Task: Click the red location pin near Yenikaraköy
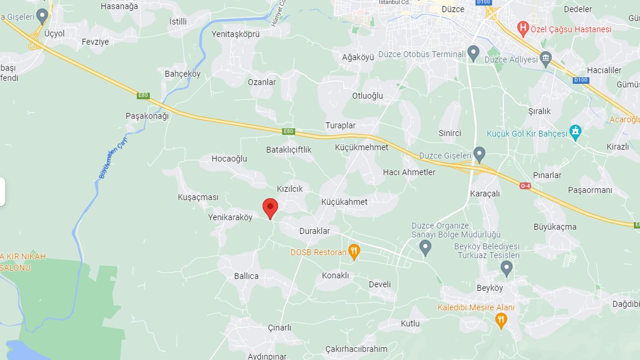(x=270, y=207)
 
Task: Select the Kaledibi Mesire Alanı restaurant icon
(x=500, y=320)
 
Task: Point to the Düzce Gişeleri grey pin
(x=479, y=155)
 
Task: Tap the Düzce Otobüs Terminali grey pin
(x=473, y=53)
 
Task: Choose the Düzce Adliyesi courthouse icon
(x=545, y=58)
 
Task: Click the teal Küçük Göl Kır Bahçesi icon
(x=575, y=132)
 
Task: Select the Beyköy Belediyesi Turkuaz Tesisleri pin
(x=506, y=268)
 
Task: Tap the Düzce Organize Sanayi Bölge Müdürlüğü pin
(x=425, y=247)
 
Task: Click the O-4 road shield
(x=525, y=186)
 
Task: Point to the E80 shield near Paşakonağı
(x=143, y=95)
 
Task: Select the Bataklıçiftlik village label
(x=289, y=150)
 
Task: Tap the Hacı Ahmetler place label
(x=409, y=172)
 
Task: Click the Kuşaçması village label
(x=198, y=197)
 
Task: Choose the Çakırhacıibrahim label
(x=356, y=349)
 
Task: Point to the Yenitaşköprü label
(x=235, y=34)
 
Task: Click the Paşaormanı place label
(x=590, y=190)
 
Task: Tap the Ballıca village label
(x=246, y=276)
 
